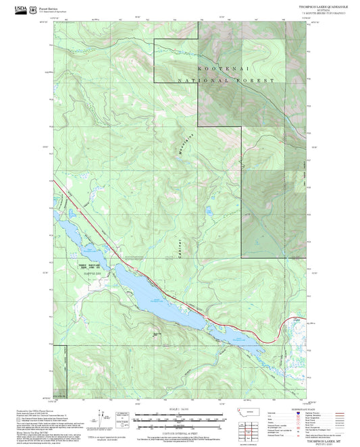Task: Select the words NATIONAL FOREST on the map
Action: point(226,80)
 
